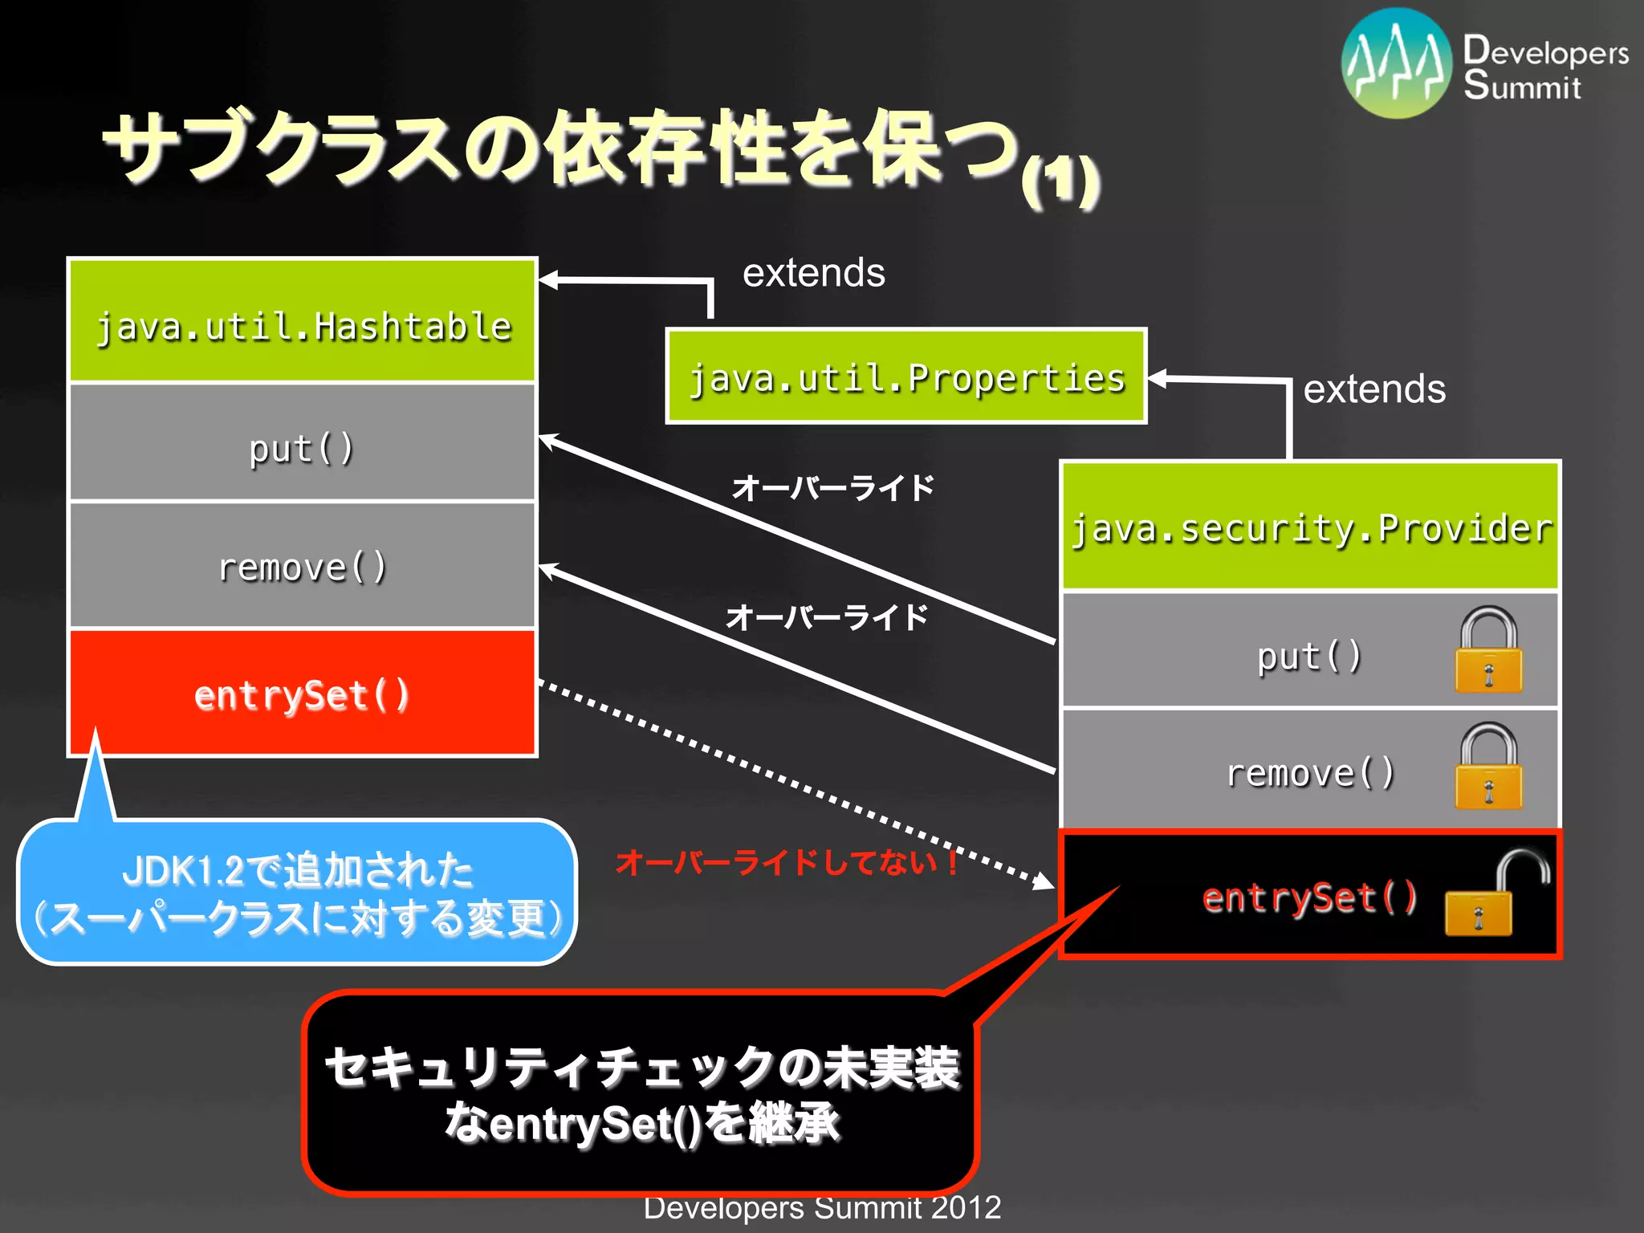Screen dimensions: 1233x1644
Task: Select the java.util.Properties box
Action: (x=906, y=376)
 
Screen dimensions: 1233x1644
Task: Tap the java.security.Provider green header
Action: (x=1310, y=527)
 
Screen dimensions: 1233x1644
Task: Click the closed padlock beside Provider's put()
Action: (x=1488, y=650)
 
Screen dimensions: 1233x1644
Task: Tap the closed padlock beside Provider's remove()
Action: (x=1488, y=767)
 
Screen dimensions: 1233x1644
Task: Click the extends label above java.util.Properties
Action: (x=813, y=273)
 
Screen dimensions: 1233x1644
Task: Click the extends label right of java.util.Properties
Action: (x=1373, y=389)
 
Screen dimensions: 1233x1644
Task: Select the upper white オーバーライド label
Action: (x=833, y=487)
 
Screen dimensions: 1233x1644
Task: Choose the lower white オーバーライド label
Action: (x=827, y=617)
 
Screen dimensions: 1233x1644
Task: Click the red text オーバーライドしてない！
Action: (x=787, y=863)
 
